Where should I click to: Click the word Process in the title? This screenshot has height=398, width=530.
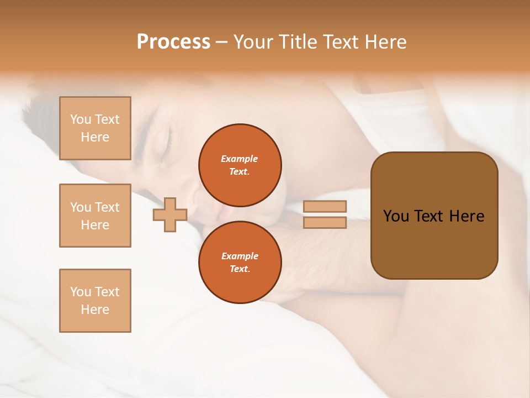(x=173, y=42)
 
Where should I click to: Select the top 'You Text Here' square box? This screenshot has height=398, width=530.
(x=95, y=128)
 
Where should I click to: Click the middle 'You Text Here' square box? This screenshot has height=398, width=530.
(x=95, y=216)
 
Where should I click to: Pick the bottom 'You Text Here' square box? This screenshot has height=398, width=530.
(x=95, y=301)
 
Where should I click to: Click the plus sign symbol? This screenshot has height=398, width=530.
(x=170, y=214)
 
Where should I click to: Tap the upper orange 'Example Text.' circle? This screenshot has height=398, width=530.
(x=240, y=165)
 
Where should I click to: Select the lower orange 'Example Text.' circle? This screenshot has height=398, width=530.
(x=240, y=262)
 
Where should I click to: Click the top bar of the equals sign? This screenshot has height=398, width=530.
(x=325, y=207)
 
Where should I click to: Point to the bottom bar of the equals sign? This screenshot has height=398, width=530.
(x=325, y=222)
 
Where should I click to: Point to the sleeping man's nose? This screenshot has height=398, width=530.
(x=197, y=196)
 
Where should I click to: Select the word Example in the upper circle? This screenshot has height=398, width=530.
(x=240, y=159)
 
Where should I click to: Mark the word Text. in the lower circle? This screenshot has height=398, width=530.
(x=240, y=269)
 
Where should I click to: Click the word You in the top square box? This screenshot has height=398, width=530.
(x=81, y=119)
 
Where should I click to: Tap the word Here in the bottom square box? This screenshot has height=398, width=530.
(x=95, y=310)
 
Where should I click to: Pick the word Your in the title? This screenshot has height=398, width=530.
(x=253, y=42)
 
